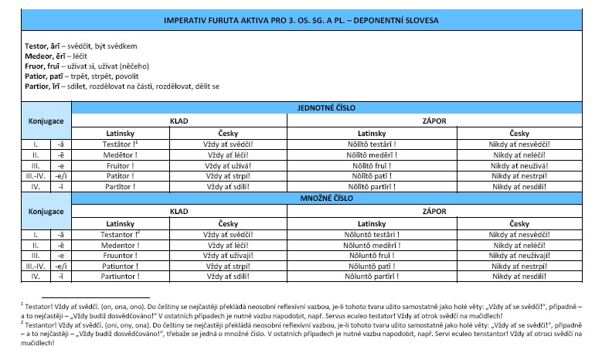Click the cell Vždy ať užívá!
(229, 165)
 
